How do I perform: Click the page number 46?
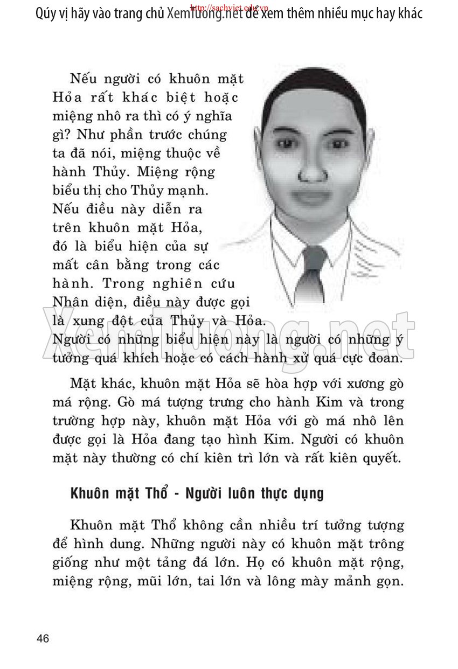43,639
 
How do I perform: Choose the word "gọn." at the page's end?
390,582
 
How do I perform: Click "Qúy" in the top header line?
47,13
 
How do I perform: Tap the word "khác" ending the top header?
407,13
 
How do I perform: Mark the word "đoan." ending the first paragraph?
383,358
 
